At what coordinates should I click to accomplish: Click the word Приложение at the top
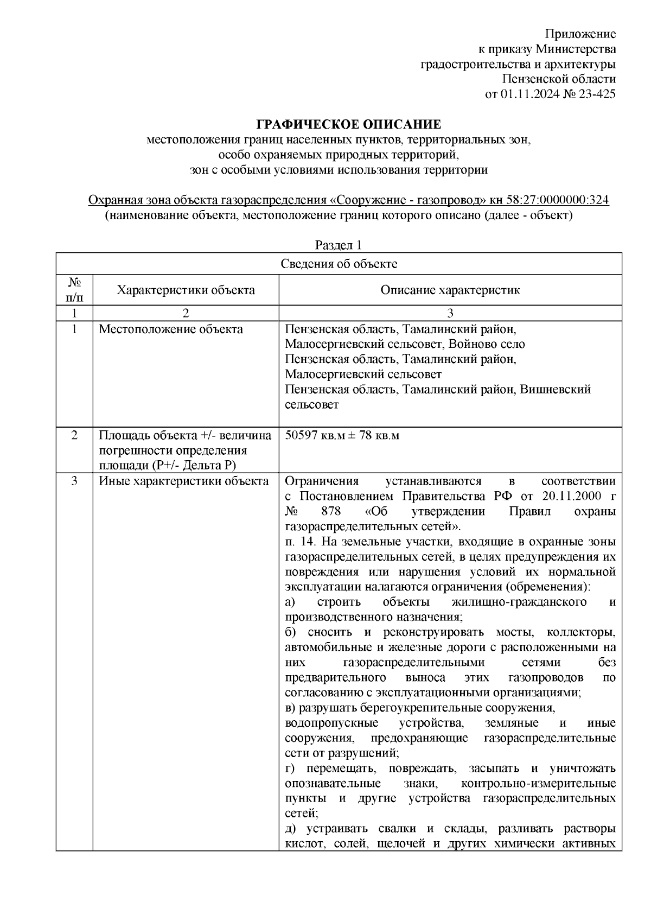point(580,34)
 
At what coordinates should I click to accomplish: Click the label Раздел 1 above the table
point(339,245)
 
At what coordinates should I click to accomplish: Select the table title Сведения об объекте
point(339,264)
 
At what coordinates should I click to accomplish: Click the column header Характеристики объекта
point(186,290)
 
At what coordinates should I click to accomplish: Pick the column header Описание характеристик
point(450,290)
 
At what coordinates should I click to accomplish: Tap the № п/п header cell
point(74,290)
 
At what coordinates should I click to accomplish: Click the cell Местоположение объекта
point(170,329)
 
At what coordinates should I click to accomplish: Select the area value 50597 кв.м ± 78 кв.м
point(342,436)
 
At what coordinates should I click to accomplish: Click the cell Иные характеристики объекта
point(183,481)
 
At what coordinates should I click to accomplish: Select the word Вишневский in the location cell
point(556,390)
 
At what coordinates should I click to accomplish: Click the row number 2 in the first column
point(74,436)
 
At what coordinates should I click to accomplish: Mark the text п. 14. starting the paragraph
point(301,542)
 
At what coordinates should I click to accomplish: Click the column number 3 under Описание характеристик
point(450,313)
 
